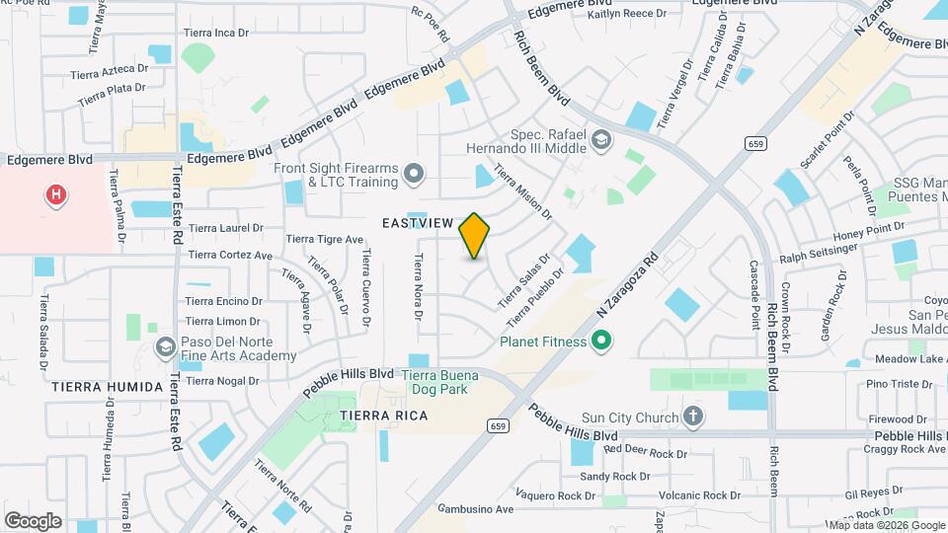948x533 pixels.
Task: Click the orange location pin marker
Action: coord(475,236)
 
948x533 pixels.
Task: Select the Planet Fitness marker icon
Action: coord(599,343)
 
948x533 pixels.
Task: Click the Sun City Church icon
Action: coord(693,418)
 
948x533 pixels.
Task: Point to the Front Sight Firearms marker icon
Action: coord(414,175)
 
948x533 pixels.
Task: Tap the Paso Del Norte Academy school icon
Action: coord(166,347)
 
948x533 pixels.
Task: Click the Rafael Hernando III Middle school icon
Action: coord(601,142)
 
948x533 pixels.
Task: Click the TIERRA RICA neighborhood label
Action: coord(384,416)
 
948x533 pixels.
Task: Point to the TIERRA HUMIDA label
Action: coord(108,387)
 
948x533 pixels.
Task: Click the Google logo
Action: coord(33,520)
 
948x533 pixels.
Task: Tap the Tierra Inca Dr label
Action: coord(222,33)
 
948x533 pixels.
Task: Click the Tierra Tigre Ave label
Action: coord(326,239)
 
